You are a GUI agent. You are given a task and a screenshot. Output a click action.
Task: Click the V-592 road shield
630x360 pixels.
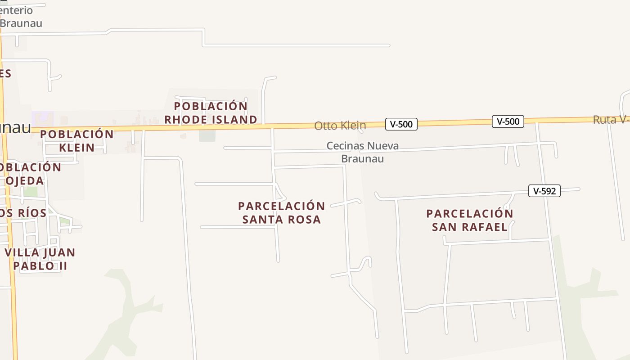544,191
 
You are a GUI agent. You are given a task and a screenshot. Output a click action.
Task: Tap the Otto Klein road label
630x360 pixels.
340,126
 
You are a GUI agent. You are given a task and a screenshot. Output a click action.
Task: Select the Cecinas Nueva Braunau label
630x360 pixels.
362,152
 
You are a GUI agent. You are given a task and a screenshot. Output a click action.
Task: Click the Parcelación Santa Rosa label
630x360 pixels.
281,213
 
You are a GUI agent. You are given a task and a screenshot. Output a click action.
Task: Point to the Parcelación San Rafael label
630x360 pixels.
469,220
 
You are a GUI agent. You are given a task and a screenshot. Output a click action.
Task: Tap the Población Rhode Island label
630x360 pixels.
211,113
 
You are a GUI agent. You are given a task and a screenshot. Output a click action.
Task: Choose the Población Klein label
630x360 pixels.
77,141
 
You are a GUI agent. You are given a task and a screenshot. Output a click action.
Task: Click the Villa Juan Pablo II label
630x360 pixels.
40,259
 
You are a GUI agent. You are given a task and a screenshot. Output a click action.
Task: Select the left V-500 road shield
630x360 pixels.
401,124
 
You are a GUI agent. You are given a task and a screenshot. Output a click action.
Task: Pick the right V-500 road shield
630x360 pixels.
508,121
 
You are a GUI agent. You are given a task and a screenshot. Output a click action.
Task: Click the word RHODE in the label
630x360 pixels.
188,120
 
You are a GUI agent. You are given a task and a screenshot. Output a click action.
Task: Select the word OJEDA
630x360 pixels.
25,181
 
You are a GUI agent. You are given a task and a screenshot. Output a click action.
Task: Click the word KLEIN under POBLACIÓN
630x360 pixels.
77,148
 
